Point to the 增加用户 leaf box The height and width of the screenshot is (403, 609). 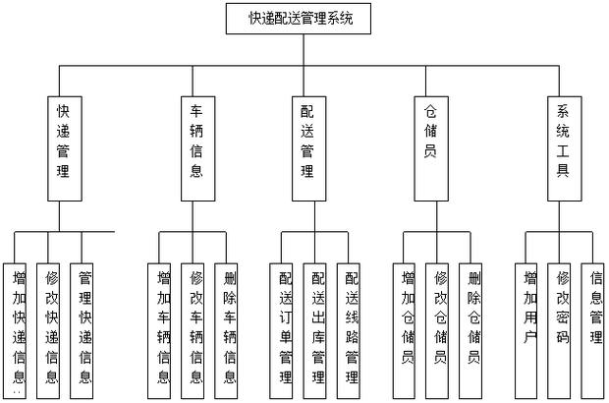click(529, 304)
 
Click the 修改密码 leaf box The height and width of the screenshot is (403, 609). click(562, 304)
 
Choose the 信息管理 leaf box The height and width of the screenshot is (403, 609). click(594, 304)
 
